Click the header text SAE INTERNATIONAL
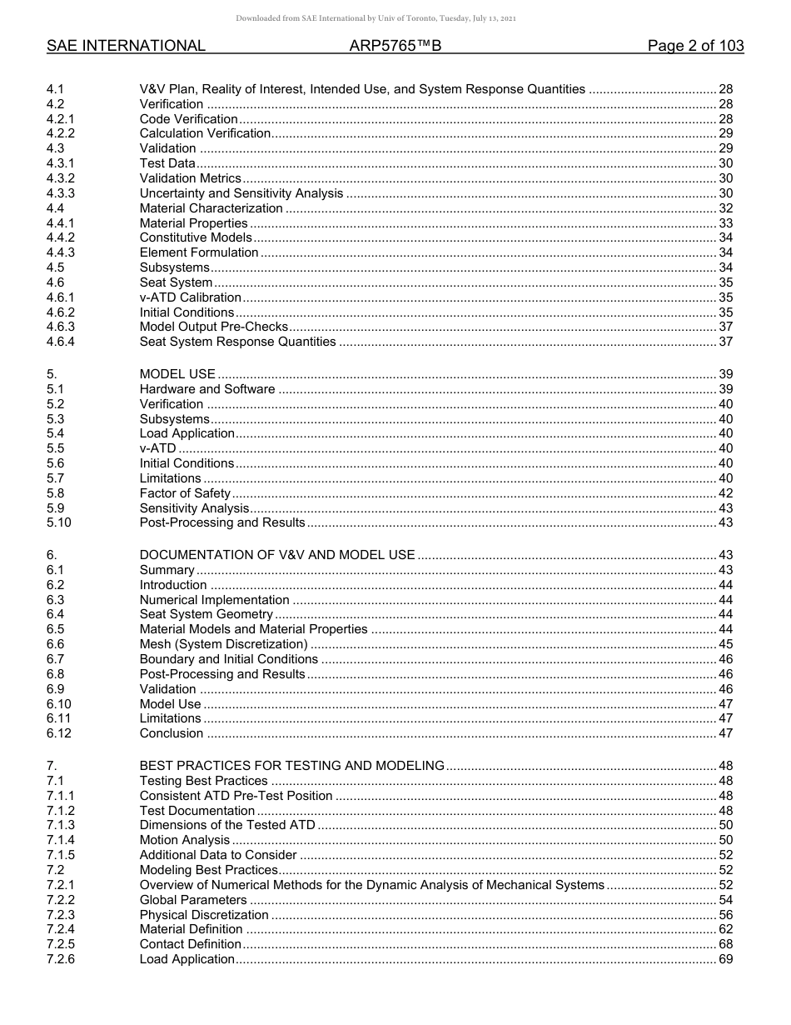pyautogui.click(x=126, y=47)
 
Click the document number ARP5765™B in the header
pyautogui.click(x=395, y=47)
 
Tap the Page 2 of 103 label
pyautogui.click(x=695, y=47)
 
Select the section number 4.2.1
pyautogui.click(x=61, y=119)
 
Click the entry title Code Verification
pyautogui.click(x=188, y=119)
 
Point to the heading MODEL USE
pyautogui.click(x=177, y=374)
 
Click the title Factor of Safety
pyautogui.click(x=185, y=493)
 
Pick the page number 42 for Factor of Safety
pyautogui.click(x=725, y=493)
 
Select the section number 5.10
pyautogui.click(x=59, y=522)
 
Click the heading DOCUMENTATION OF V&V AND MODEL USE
pyautogui.click(x=276, y=555)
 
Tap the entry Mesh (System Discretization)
pyautogui.click(x=223, y=644)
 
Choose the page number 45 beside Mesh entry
pyautogui.click(x=725, y=644)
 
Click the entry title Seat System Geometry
pyautogui.click(x=206, y=614)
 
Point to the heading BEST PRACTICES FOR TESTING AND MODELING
pyautogui.click(x=291, y=766)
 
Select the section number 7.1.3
pyautogui.click(x=61, y=825)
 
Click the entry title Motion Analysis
pyautogui.click(x=184, y=840)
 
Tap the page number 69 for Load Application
pyautogui.click(x=725, y=959)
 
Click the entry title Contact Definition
pyautogui.click(x=190, y=944)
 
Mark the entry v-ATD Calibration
pyautogui.click(x=190, y=297)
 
